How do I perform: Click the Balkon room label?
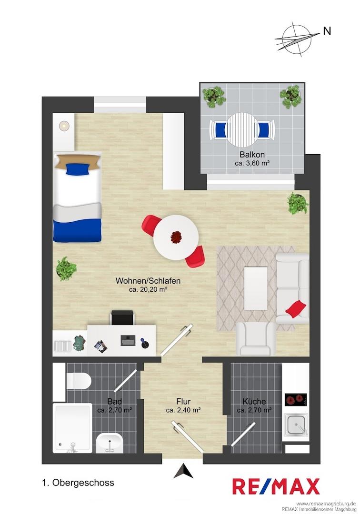[252, 154]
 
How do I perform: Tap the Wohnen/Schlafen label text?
[148, 281]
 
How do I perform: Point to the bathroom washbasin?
[109, 443]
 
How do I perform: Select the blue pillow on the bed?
[77, 169]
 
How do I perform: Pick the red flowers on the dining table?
[177, 237]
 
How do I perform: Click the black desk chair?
[123, 317]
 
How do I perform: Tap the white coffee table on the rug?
[256, 288]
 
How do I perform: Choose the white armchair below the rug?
[256, 339]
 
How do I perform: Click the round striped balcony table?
[242, 130]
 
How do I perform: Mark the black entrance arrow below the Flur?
[183, 471]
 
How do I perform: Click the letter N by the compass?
[327, 31]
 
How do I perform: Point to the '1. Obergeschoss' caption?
[79, 483]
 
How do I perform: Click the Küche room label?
[254, 401]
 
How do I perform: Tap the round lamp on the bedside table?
[64, 126]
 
